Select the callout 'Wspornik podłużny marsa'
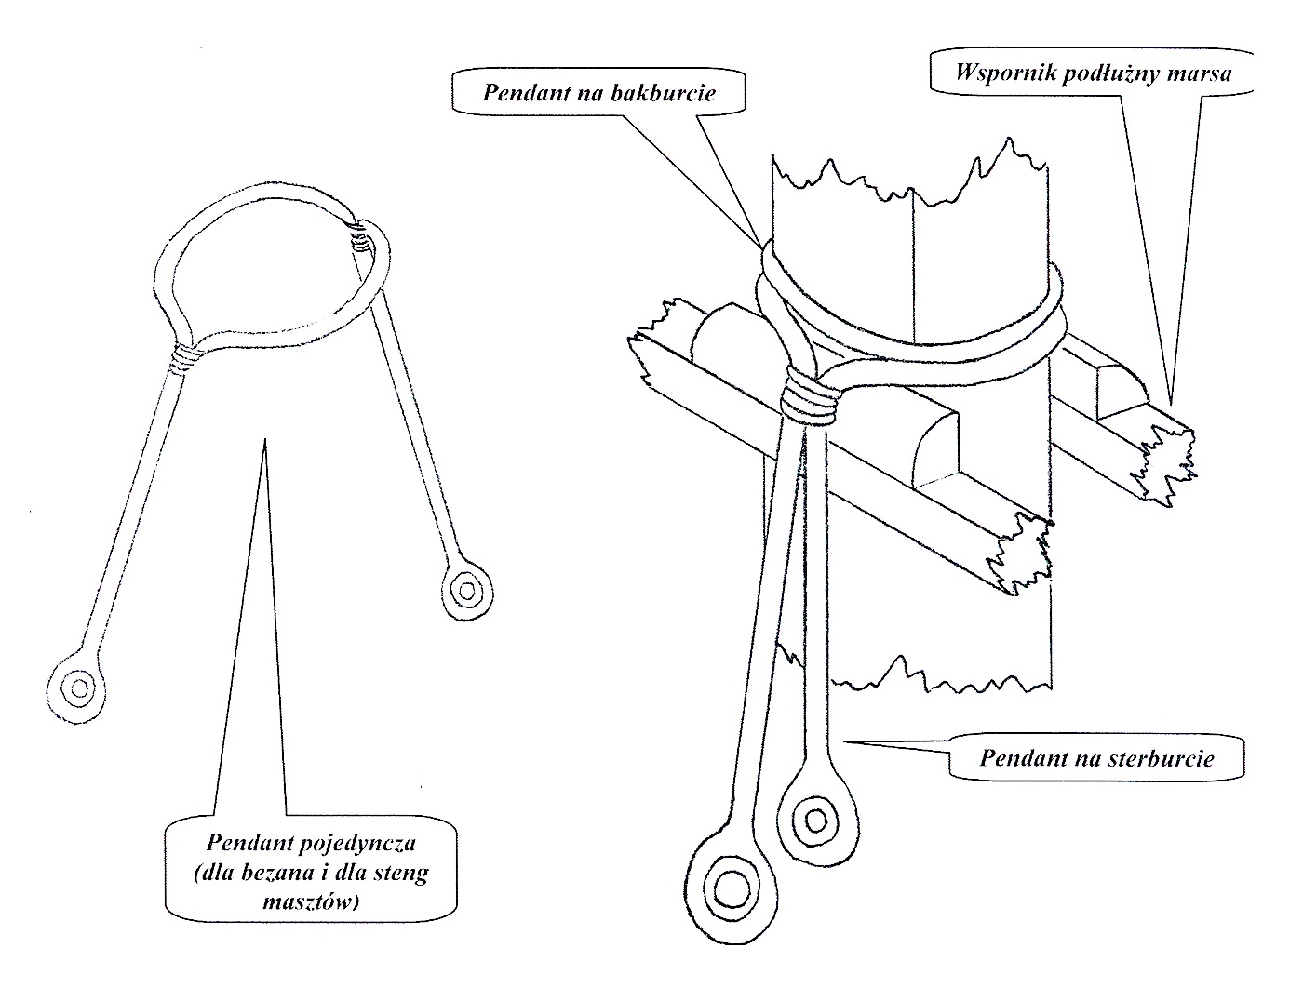[x=1091, y=73]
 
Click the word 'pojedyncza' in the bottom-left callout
[x=367, y=844]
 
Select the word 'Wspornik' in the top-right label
[x=996, y=73]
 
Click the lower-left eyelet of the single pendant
[x=79, y=689]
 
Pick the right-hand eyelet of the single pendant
[x=463, y=589]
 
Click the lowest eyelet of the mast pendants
[x=731, y=884]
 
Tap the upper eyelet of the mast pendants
[x=816, y=820]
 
